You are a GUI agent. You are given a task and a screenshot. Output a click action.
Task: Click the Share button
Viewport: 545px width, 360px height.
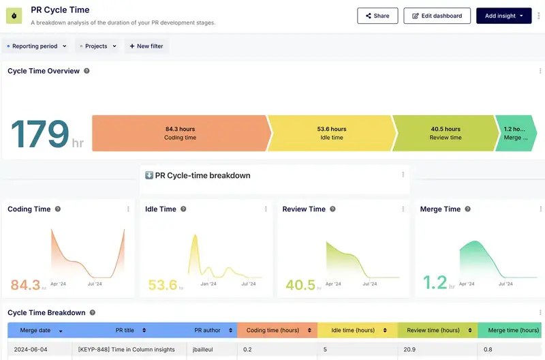coord(377,16)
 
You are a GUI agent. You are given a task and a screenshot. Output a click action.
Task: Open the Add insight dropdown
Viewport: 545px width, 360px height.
coord(503,16)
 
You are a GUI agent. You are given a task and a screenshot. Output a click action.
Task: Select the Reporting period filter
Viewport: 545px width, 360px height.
coord(36,46)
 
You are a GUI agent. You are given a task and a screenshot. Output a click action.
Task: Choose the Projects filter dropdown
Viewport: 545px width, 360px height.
coord(97,46)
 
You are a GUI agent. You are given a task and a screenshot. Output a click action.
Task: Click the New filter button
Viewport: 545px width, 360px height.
coord(146,46)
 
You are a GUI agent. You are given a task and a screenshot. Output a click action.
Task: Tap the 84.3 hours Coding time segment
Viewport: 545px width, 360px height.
coord(180,133)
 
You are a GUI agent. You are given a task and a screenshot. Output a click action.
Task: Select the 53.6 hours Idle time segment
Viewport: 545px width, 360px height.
coord(331,133)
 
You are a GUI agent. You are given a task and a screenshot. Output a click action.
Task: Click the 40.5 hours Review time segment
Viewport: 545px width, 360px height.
coord(446,133)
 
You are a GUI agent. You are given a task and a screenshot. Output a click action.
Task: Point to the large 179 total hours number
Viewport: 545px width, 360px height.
coord(40,134)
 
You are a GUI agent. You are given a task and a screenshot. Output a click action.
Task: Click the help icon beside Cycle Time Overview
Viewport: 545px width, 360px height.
coord(87,71)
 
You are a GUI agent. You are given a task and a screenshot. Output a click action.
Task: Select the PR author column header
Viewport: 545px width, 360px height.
coord(207,330)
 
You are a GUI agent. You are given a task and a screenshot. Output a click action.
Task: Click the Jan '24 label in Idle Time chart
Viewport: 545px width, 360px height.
coord(208,284)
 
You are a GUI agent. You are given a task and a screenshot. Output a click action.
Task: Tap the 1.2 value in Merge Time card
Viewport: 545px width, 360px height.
coord(434,283)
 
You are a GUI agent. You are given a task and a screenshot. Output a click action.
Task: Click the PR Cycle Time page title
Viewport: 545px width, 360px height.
coord(60,10)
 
